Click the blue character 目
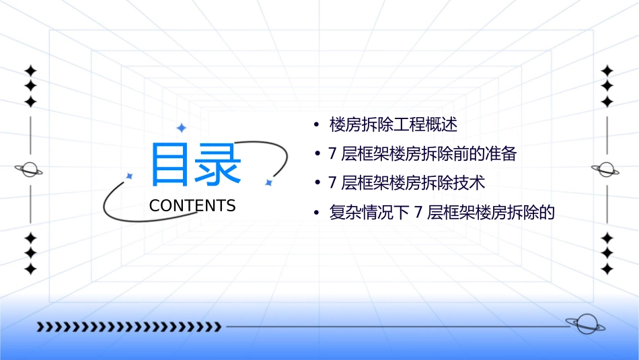pos(169,164)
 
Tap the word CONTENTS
pos(192,206)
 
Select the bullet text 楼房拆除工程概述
pos(393,124)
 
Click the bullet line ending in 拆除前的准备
pos(422,154)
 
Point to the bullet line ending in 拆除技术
pos(406,183)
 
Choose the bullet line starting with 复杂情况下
pos(441,213)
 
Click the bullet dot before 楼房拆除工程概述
pos(315,125)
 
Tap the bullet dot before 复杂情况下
pos(315,213)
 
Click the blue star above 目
pos(181,128)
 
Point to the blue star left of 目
pos(130,176)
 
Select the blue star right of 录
pos(268,182)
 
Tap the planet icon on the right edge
pos(607,170)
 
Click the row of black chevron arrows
pos(128,327)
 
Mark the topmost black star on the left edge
pos(30,70)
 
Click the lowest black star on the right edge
pos(607,269)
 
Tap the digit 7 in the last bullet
pos(418,213)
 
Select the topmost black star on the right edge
pos(607,70)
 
